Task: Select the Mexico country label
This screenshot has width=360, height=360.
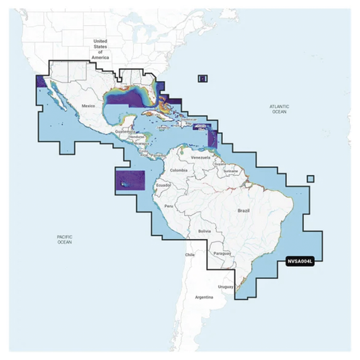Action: point(89,107)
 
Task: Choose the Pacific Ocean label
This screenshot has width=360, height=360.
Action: point(64,240)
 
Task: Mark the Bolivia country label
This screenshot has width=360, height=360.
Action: point(205,231)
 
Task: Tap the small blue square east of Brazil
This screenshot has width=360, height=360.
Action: point(310,179)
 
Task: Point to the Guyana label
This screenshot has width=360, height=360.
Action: point(220,163)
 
